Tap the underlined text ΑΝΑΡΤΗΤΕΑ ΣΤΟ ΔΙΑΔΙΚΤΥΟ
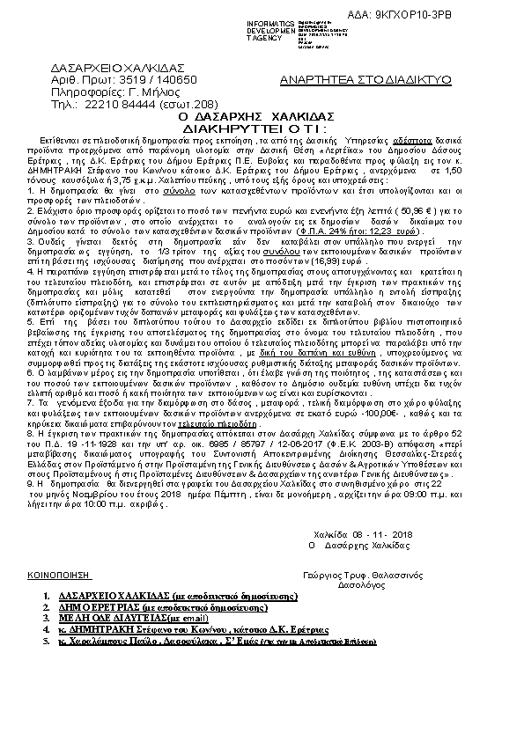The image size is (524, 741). (365, 79)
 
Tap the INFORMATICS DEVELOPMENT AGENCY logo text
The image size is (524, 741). (273, 29)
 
